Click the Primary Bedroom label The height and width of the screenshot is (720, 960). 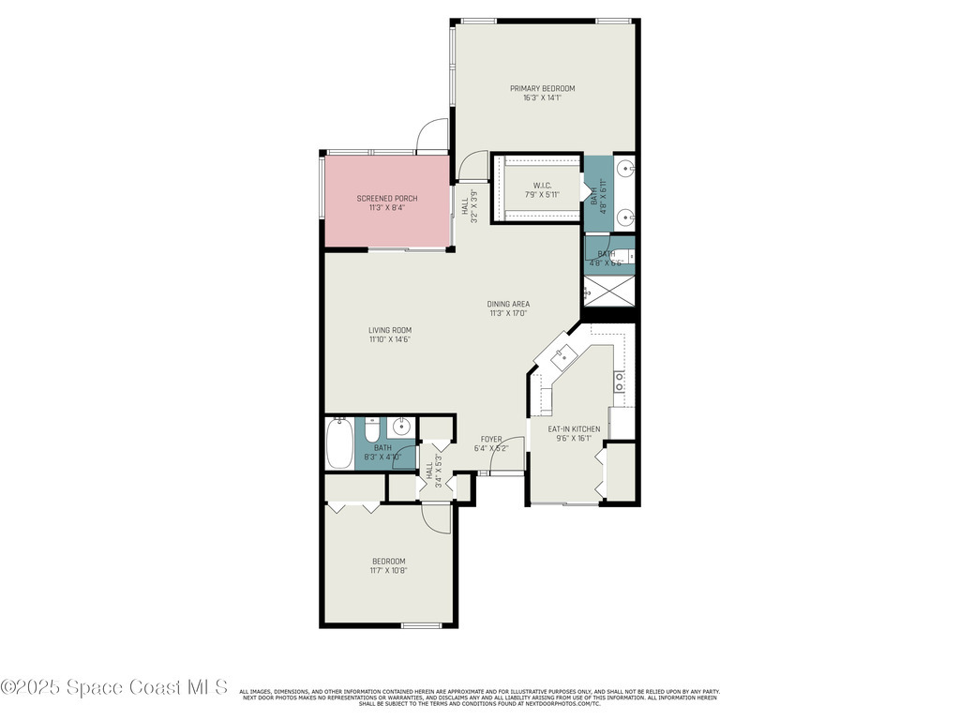coord(542,88)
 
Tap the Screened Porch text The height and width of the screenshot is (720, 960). coord(386,198)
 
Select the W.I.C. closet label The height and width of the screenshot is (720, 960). coord(542,185)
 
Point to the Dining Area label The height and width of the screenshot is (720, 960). coord(508,304)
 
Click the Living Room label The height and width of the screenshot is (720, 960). coord(389,330)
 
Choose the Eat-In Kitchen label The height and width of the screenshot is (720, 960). coord(574,429)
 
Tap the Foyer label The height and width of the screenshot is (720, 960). coord(491,439)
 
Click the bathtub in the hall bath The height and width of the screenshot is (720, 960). coord(339,443)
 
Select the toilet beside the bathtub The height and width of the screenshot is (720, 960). coord(371,432)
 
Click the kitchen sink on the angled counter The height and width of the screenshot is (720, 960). coord(563,355)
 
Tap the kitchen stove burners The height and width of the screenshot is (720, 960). coord(619,381)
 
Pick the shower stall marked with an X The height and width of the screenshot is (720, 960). coord(610,292)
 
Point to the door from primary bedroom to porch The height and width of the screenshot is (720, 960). coord(432,136)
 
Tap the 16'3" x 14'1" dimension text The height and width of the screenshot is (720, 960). coord(542,97)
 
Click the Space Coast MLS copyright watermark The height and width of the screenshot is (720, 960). coord(114,687)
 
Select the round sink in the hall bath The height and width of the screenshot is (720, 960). coord(401,427)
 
